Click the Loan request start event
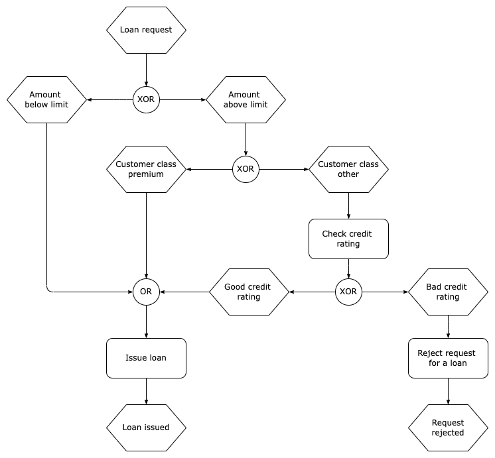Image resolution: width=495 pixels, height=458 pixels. click(146, 30)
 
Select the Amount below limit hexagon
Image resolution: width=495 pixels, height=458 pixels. click(46, 99)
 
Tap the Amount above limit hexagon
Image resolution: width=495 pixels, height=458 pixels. click(246, 99)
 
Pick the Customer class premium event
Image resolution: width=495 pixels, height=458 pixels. click(146, 169)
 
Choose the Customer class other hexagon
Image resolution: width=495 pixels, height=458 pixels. click(348, 169)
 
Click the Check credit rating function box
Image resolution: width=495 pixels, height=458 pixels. click(348, 239)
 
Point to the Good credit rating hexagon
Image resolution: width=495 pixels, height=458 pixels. click(249, 292)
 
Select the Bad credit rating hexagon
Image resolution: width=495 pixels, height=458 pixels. click(447, 292)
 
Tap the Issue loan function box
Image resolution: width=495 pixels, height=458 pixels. click(146, 358)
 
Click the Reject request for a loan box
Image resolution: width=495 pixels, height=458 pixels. click(447, 358)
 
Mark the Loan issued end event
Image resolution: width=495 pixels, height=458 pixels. click(146, 428)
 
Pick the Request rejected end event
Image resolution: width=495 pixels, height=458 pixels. click(447, 428)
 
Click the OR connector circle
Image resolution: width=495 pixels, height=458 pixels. click(146, 292)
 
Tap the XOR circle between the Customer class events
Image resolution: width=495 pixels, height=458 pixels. click(246, 169)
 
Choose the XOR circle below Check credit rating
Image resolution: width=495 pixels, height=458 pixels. click(348, 292)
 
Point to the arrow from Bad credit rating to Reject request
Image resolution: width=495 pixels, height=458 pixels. click(447, 326)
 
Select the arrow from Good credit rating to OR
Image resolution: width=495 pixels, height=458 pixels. click(184, 292)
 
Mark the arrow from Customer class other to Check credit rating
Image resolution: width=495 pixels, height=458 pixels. click(348, 205)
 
